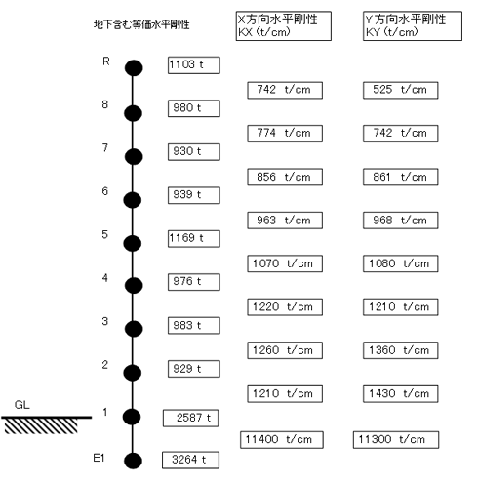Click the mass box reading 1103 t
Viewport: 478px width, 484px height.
(194, 65)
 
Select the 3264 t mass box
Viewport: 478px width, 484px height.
(190, 460)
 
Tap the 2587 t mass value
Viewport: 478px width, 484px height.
(190, 418)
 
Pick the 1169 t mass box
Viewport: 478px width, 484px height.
(194, 239)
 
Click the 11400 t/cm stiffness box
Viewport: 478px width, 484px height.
(282, 440)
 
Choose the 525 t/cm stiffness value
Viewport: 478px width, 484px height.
(401, 90)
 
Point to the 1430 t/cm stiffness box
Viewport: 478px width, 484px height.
(401, 394)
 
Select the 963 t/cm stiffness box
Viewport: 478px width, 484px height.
(285, 221)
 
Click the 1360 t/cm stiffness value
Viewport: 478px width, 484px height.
(401, 350)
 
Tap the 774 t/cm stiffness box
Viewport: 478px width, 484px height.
(285, 134)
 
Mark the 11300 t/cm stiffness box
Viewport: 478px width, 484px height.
(396, 440)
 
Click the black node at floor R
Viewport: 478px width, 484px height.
(134, 68)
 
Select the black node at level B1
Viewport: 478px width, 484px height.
(133, 461)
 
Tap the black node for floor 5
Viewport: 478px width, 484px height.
(133, 243)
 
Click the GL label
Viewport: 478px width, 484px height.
(22, 405)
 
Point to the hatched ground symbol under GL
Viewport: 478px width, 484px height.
(42, 426)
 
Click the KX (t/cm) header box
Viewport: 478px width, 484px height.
(284, 26)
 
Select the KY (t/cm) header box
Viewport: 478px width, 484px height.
(413, 26)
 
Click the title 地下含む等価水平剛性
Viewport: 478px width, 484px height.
(141, 24)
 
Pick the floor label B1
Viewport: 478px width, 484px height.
(99, 458)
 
